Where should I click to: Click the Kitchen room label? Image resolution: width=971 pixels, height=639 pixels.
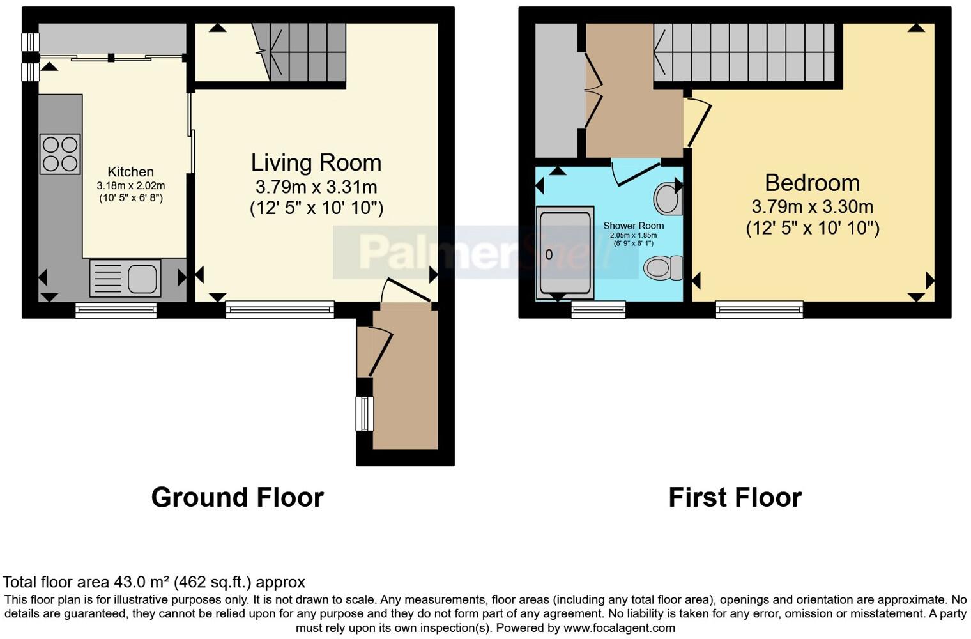tap(130, 172)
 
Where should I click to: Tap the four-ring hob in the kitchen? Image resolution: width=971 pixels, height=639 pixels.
tap(60, 154)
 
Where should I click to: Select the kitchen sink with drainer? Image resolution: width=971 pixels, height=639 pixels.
tap(125, 278)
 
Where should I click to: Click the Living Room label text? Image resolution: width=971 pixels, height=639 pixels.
tap(316, 163)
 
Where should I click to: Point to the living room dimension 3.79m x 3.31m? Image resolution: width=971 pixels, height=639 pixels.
tap(316, 187)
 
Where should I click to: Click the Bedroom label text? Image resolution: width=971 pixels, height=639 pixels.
tap(812, 183)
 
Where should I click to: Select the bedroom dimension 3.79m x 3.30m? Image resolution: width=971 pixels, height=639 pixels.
tap(812, 207)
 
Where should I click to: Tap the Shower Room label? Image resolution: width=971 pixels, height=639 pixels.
tap(633, 226)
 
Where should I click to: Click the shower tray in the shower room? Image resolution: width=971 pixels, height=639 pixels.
tap(565, 252)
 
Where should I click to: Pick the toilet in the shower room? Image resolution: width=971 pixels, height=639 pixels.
tap(662, 267)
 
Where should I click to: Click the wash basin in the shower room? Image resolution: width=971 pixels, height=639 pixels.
tap(667, 199)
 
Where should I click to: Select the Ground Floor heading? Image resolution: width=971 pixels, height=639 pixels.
tap(237, 497)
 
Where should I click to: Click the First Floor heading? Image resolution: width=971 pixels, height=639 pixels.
tap(735, 497)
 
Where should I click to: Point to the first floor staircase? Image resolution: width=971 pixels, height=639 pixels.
tap(744, 52)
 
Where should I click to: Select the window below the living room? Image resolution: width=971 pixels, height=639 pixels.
tap(280, 310)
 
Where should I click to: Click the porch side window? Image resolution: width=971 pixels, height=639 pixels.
tap(365, 414)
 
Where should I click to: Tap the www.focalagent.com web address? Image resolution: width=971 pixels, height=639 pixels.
tap(619, 627)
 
